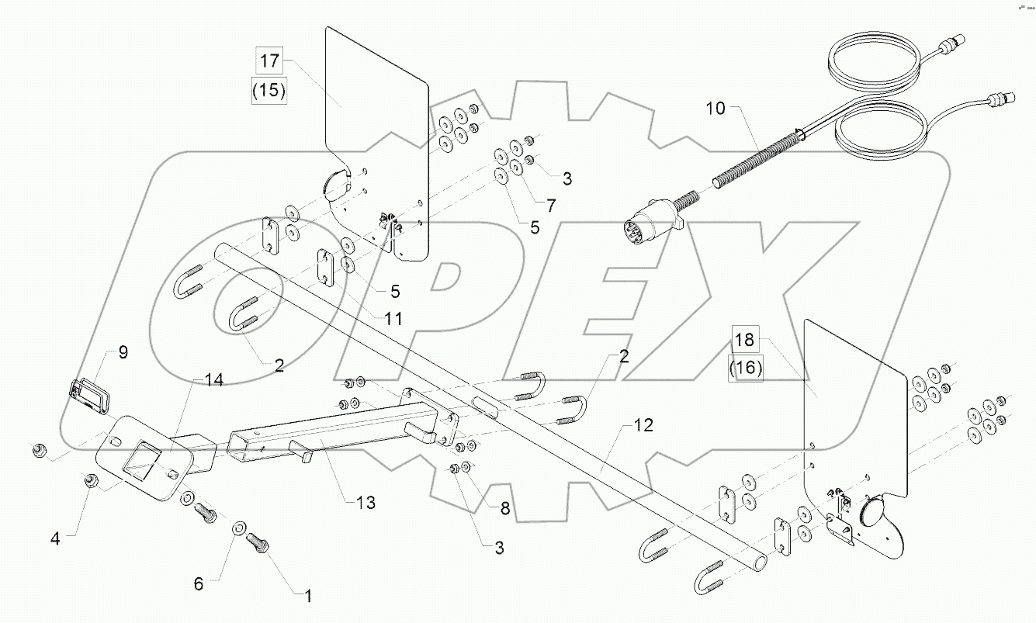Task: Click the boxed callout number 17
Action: point(269,61)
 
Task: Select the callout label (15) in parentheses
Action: point(269,90)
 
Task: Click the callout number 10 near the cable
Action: point(715,108)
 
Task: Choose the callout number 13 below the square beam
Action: point(366,503)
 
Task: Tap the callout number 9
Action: point(123,353)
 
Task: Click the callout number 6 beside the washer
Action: point(199,584)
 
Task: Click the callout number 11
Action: point(393,319)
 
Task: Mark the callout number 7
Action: point(551,206)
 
